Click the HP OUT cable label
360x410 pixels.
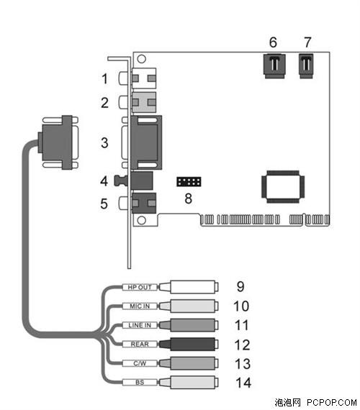pos(140,287)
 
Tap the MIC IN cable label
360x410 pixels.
pos(140,306)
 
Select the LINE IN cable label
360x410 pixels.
pos(140,325)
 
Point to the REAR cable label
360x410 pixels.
pos(140,344)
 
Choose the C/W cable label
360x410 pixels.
pos(140,363)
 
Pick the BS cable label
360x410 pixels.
pos(140,382)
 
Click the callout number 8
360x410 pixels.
pos(188,199)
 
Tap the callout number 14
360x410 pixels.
pos(243,383)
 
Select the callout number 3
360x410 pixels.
pos(104,142)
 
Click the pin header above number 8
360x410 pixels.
pos(189,182)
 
